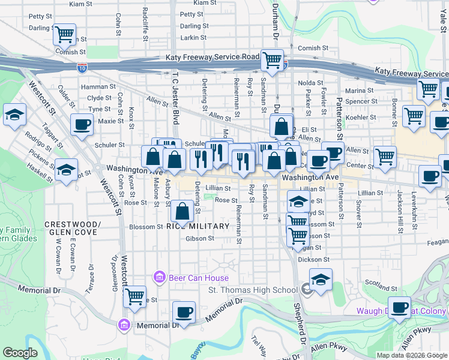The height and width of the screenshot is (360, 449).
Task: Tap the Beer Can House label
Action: (x=191, y=278)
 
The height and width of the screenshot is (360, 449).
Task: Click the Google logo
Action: (x=20, y=353)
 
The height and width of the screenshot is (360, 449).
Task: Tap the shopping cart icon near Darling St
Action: (x=65, y=35)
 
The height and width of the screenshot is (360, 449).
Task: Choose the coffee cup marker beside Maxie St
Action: (x=82, y=125)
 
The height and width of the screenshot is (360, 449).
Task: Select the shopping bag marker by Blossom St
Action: (x=182, y=211)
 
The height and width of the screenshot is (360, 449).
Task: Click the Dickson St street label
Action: (x=314, y=260)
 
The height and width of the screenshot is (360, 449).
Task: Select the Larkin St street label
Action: (x=193, y=38)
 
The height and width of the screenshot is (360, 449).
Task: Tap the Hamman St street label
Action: (x=100, y=87)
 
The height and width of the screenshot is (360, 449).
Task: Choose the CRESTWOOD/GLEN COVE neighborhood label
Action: (x=71, y=228)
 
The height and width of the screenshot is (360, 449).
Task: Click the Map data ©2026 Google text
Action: (x=411, y=355)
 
